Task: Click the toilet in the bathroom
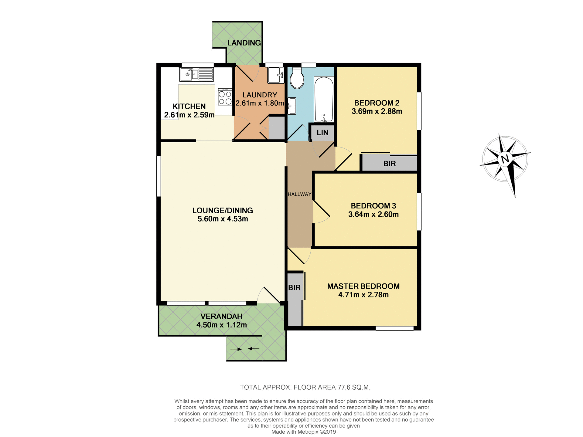coord(297,78)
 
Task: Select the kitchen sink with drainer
coord(196,74)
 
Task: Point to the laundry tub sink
coord(276,75)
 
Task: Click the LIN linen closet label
coord(322,133)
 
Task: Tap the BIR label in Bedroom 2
coord(390,164)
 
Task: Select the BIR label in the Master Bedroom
coord(294,287)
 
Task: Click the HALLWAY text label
coord(299,194)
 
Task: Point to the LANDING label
coord(244,43)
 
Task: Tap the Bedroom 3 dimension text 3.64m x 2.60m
coord(373,214)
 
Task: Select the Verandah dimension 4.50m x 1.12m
coord(221,325)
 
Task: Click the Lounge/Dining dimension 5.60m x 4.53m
coord(223,219)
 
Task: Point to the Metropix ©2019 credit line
coord(304,432)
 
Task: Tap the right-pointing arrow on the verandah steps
coord(236,349)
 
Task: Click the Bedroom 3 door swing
coord(321,212)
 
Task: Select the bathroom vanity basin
coord(292,106)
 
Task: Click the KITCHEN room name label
coord(189,107)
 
